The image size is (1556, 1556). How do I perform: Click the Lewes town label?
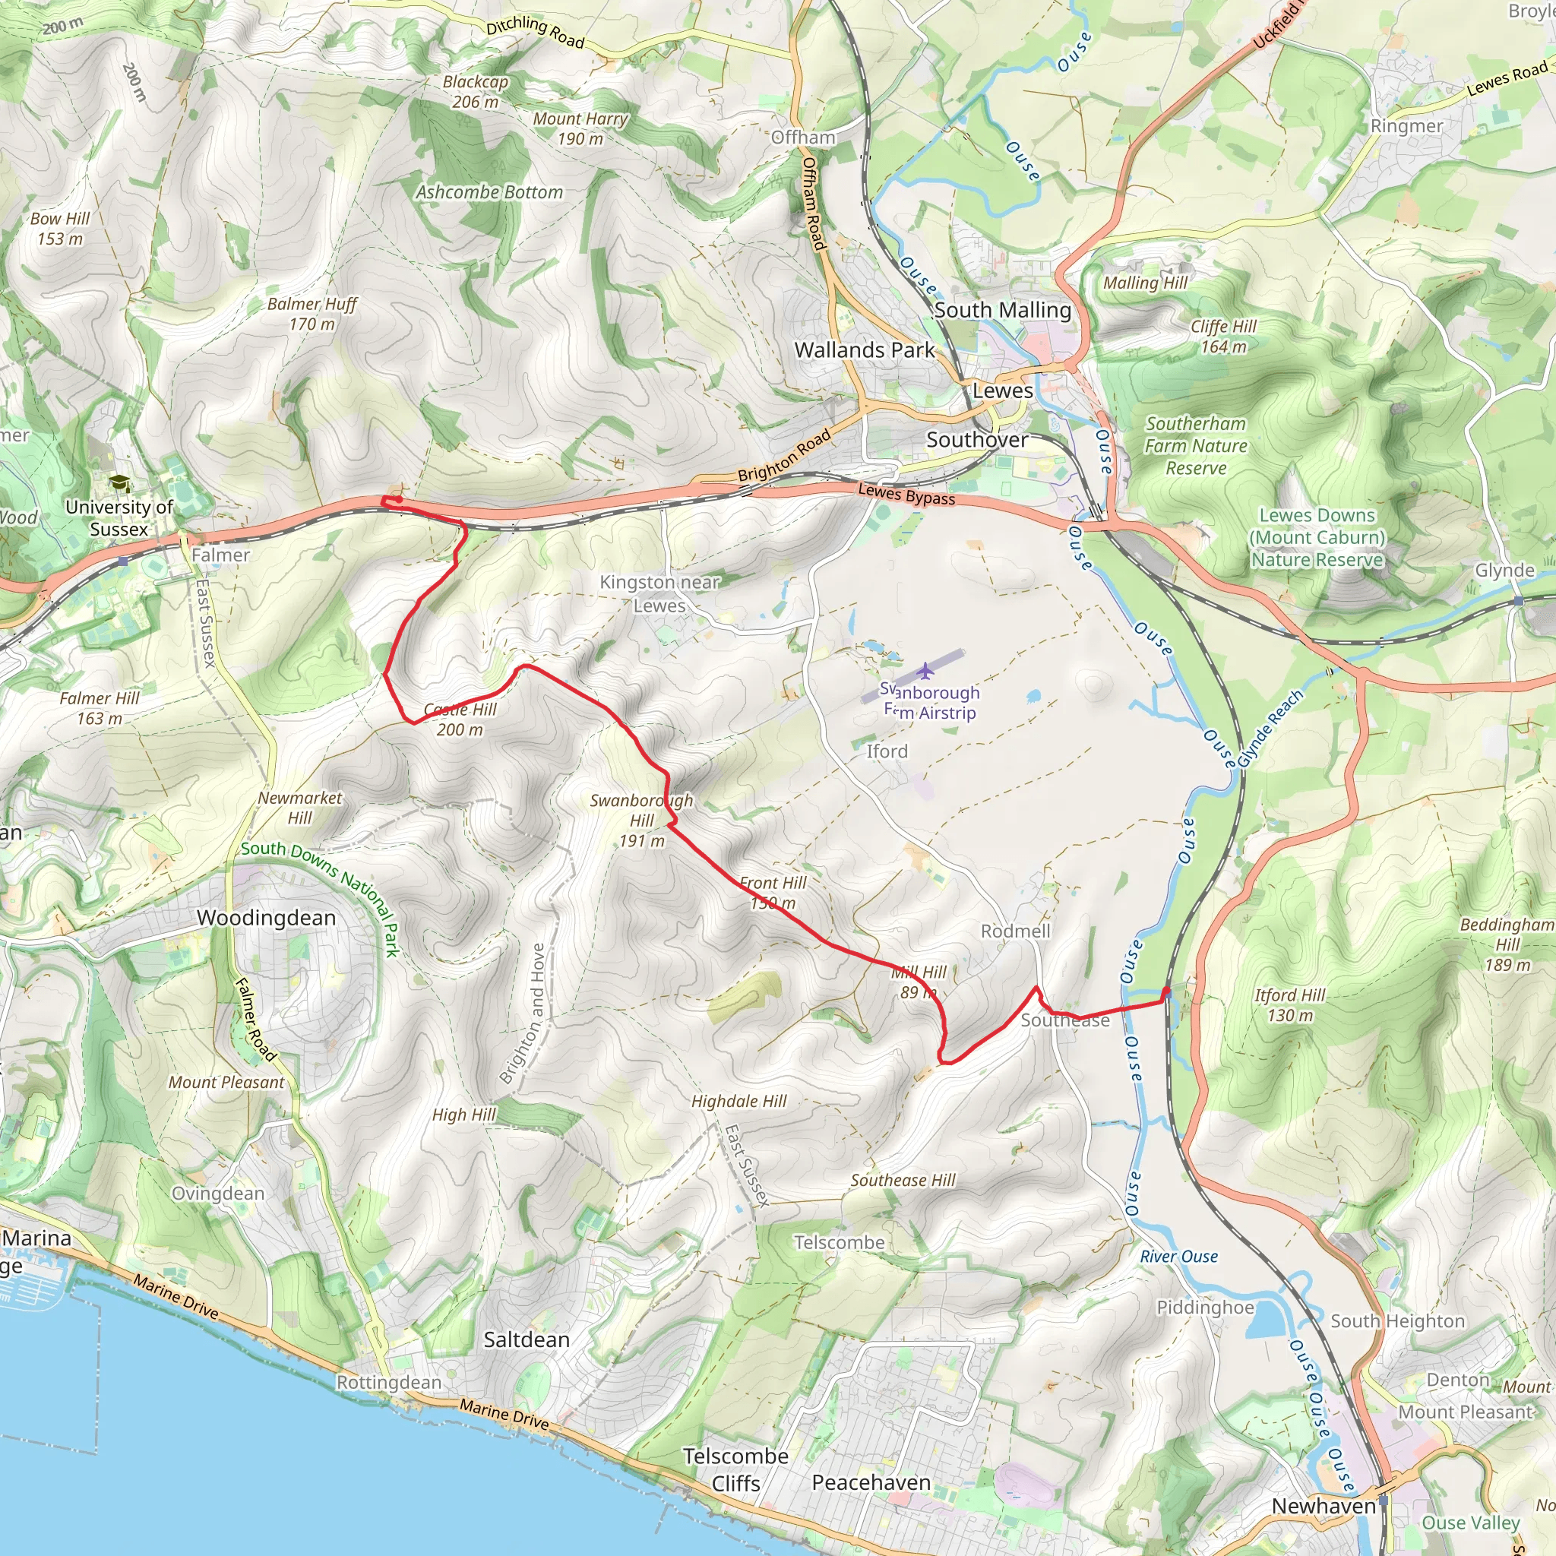(1002, 391)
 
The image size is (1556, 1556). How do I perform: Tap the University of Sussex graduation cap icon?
(119, 483)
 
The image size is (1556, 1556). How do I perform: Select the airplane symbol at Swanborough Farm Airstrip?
(925, 669)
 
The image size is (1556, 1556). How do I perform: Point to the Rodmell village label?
(1015, 931)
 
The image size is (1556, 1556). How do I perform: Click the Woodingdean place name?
(266, 918)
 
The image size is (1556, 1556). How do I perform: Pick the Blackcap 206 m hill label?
(475, 92)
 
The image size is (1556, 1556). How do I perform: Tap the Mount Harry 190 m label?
(580, 129)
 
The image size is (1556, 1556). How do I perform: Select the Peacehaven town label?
(871, 1483)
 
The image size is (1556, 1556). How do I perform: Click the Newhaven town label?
(1324, 1506)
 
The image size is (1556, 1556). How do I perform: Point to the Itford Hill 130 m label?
(1289, 1005)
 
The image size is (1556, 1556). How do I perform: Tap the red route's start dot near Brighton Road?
(399, 499)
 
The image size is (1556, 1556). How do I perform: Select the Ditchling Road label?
(535, 32)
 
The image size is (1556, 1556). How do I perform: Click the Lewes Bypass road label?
(906, 494)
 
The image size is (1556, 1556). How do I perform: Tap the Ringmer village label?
(1407, 126)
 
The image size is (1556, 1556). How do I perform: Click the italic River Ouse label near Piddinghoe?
(1178, 1257)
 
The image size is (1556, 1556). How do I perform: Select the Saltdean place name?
(527, 1339)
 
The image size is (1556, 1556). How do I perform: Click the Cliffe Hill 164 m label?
(1222, 336)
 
